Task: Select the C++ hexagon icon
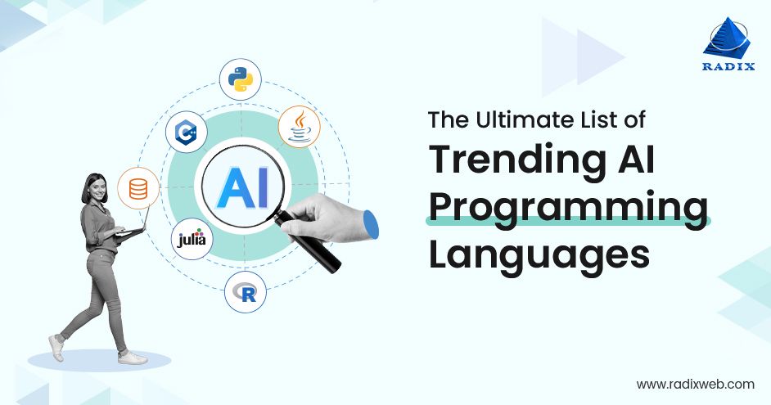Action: [x=186, y=131]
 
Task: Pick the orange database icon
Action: [x=138, y=189]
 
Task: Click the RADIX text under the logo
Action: [x=727, y=68]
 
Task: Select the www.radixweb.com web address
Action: [x=695, y=383]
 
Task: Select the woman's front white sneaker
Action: [x=131, y=357]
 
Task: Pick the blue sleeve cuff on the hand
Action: [x=370, y=225]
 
